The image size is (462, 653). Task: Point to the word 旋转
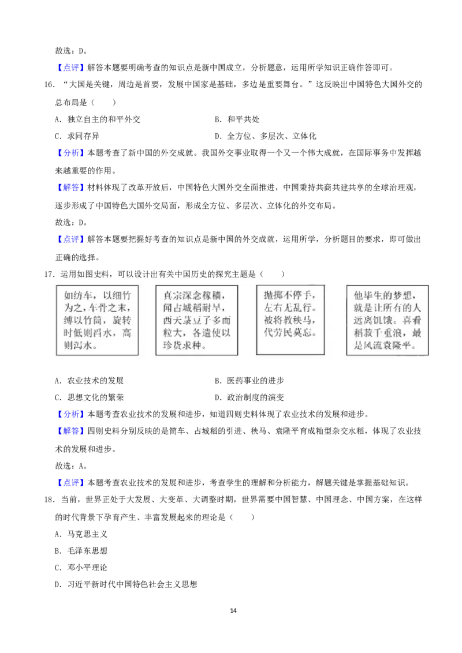[126, 321]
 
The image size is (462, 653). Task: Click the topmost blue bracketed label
[71, 67]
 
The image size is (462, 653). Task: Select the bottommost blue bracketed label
[71, 482]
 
